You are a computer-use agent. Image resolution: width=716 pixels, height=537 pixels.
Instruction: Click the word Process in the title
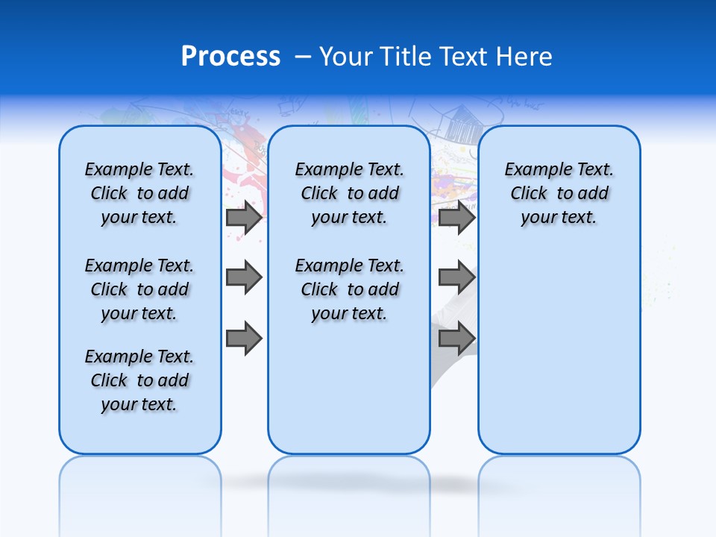pyautogui.click(x=230, y=57)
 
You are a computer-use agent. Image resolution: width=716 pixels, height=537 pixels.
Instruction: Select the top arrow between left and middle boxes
pyautogui.click(x=244, y=218)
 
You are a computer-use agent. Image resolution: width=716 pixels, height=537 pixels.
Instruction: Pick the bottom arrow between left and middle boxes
pyautogui.click(x=244, y=338)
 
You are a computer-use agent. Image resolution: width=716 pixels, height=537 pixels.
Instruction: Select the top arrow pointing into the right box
pyautogui.click(x=456, y=218)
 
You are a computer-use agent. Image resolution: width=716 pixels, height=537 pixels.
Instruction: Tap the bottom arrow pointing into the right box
pyautogui.click(x=456, y=338)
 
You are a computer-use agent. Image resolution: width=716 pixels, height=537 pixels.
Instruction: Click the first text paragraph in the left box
pyautogui.click(x=139, y=193)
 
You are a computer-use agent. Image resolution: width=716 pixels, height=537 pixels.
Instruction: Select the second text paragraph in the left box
pyautogui.click(x=139, y=289)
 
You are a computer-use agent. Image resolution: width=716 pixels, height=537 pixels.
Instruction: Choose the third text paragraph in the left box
pyautogui.click(x=139, y=380)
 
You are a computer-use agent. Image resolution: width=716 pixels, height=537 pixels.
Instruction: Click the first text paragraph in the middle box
pyautogui.click(x=349, y=193)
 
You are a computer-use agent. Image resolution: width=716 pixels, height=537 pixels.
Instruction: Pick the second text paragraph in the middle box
pyautogui.click(x=349, y=289)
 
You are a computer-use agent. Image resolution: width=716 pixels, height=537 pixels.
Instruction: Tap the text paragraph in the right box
pyautogui.click(x=559, y=193)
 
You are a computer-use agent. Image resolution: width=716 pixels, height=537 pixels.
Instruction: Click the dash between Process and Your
pyautogui.click(x=304, y=57)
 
